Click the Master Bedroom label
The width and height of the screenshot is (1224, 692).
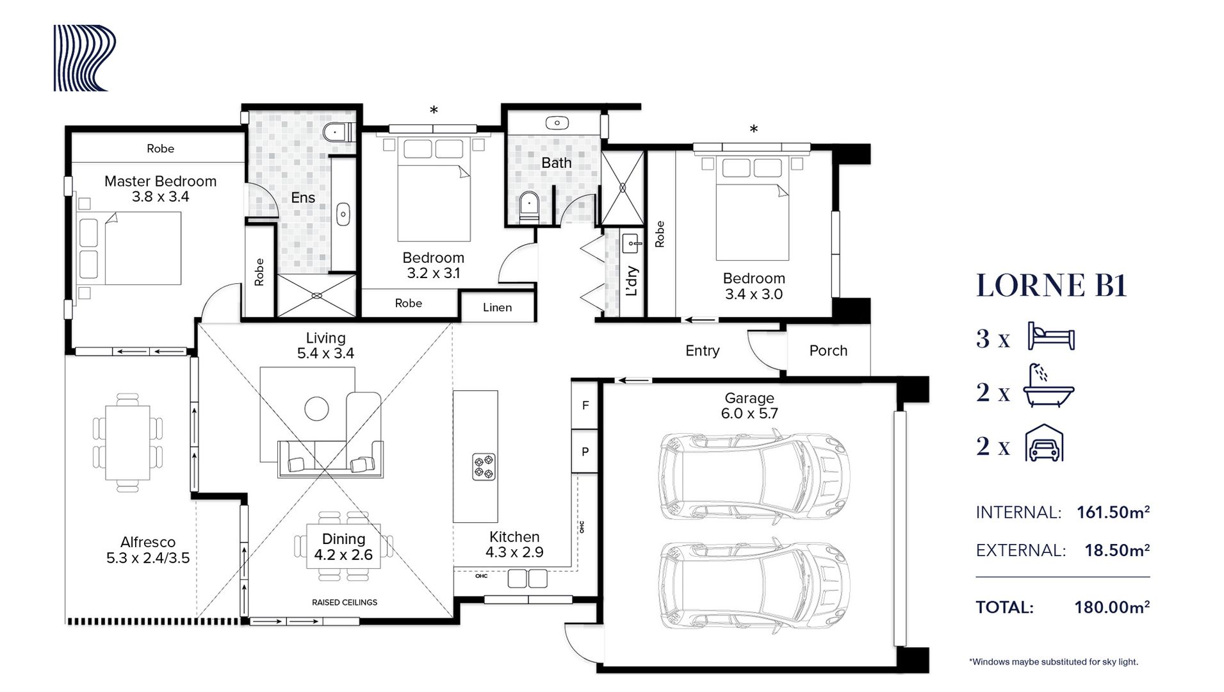click(160, 181)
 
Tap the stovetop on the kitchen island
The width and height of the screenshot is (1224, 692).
click(484, 466)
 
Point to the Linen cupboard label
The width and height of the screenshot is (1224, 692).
click(497, 308)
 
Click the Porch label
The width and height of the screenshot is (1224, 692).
click(828, 350)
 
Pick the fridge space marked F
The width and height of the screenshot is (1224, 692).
click(585, 405)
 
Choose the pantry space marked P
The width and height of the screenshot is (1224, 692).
click(585, 451)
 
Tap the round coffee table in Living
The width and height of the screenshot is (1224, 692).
click(316, 408)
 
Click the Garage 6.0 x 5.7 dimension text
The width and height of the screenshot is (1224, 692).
click(749, 413)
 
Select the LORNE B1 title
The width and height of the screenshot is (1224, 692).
click(1051, 286)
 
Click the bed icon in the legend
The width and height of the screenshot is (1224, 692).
click(1051, 336)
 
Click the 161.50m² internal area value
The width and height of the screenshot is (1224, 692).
click(1113, 512)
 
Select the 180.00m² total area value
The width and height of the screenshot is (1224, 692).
click(1112, 607)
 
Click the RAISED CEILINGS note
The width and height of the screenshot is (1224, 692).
click(345, 602)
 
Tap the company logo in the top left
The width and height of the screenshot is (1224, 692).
click(85, 58)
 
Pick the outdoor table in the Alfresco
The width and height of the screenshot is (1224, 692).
click(128, 443)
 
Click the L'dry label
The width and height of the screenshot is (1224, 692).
click(632, 281)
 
